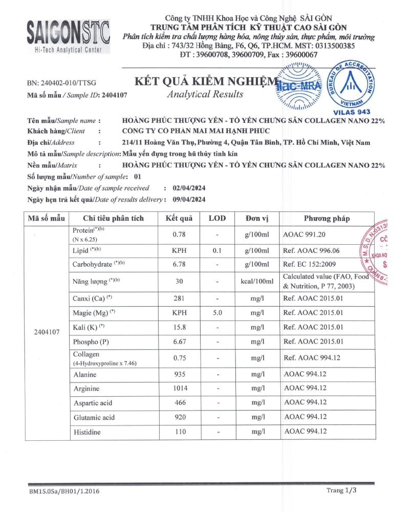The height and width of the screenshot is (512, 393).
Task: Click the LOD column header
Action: [217, 218]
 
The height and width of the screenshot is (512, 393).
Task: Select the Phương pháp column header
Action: [327, 218]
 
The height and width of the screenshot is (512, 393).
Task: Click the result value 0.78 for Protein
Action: [179, 234]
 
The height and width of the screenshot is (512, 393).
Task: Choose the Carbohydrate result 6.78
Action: [179, 264]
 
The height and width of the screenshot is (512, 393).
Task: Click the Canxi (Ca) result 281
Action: [179, 298]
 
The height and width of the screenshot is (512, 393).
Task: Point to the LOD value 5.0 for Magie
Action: [217, 312]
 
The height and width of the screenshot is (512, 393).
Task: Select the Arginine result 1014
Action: [179, 388]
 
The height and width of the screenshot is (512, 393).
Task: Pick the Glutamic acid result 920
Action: [179, 417]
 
